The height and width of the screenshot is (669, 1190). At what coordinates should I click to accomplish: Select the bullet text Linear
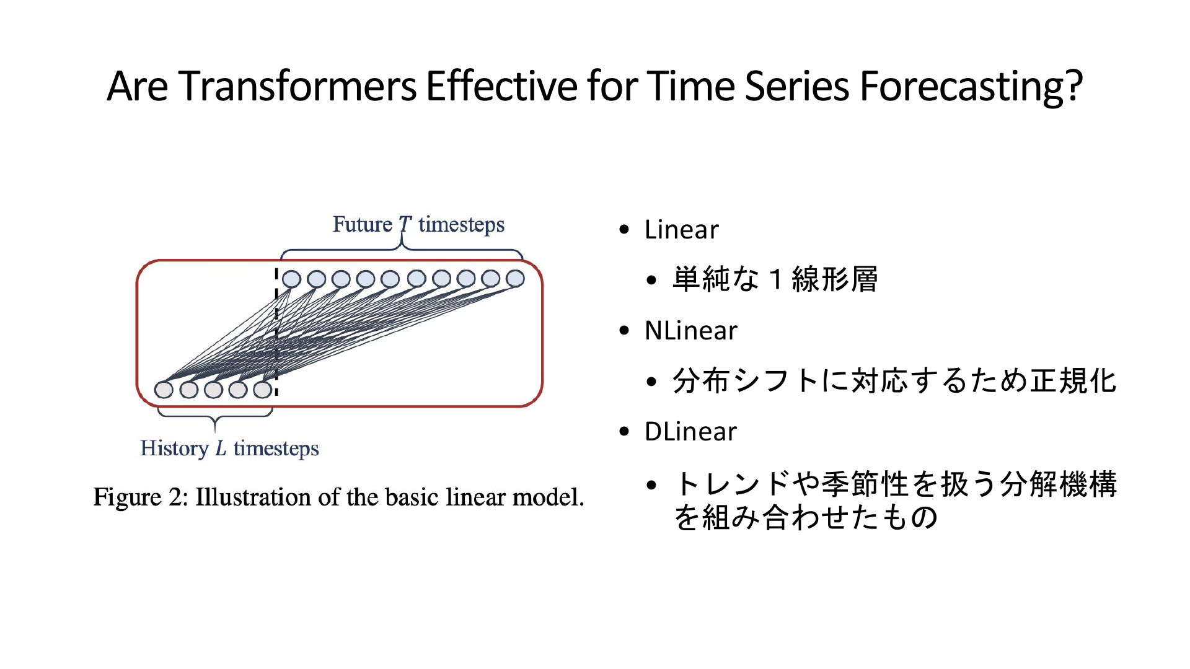(681, 230)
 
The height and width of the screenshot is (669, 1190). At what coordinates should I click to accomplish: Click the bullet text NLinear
(690, 331)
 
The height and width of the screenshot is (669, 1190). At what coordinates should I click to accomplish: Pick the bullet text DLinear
(690, 432)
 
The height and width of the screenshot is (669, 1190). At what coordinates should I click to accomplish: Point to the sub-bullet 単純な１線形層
(775, 279)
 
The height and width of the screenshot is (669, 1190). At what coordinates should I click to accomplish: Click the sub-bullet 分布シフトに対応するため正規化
(894, 380)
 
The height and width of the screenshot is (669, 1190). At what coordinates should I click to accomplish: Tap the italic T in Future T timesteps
(405, 224)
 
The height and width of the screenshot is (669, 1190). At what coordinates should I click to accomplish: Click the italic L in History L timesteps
(221, 448)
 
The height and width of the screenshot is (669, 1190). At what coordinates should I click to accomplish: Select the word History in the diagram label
(175, 449)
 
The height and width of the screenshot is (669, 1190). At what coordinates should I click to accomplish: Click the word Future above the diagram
(363, 224)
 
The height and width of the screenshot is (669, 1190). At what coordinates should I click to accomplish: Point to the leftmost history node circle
(164, 390)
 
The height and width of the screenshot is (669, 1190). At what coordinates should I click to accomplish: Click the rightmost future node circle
(515, 279)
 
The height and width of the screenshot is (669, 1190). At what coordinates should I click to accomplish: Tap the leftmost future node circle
(291, 279)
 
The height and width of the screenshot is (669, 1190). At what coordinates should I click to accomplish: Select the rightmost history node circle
(263, 389)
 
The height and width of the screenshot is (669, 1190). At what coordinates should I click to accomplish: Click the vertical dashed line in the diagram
(276, 331)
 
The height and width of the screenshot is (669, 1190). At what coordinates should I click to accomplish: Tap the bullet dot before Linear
(624, 230)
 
